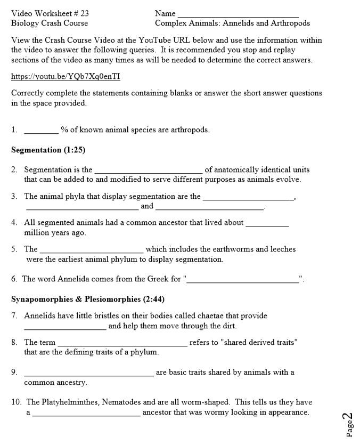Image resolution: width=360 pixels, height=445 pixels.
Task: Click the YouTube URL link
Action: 66,77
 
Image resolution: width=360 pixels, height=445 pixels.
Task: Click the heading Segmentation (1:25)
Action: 48,150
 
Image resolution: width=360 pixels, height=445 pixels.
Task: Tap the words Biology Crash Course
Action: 50,23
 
